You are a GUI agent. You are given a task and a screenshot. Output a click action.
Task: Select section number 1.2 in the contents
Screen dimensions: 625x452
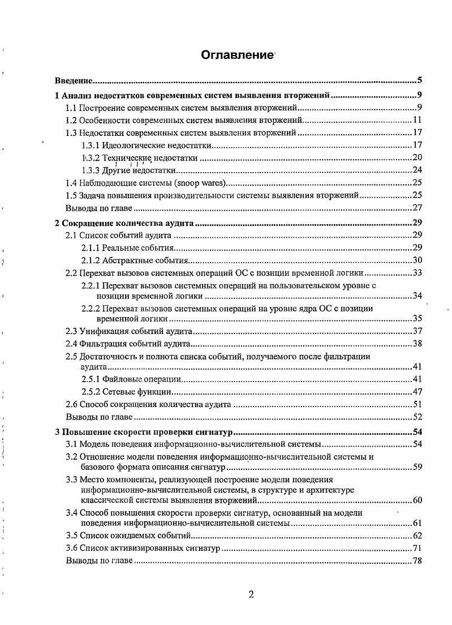pos(71,120)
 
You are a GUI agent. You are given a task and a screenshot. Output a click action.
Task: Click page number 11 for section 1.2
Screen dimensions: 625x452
pos(418,120)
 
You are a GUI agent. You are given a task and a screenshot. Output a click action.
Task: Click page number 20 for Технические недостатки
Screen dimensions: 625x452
pos(418,158)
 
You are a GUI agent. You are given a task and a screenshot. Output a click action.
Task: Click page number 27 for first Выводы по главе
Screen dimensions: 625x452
pos(418,208)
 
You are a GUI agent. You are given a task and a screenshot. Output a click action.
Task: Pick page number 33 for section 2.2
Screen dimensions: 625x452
pos(418,273)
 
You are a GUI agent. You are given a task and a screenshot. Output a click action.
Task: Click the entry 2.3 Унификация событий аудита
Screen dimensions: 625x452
pos(130,331)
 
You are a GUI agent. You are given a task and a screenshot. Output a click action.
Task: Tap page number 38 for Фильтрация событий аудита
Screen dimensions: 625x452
pos(418,344)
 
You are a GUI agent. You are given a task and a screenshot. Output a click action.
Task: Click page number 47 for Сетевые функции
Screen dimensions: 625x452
pos(418,392)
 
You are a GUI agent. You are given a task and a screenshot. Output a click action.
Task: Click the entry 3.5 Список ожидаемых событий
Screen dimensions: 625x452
pos(130,536)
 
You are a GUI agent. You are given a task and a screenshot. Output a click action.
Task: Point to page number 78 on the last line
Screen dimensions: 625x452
pos(418,561)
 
